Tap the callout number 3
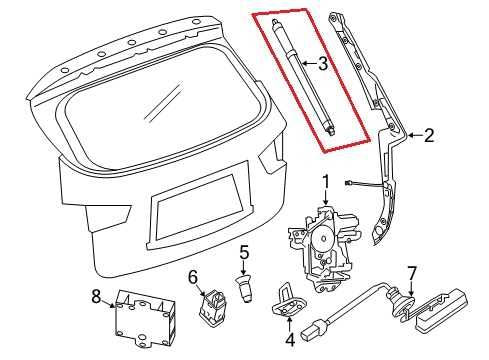click(x=322, y=66)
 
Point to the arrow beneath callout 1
click(x=324, y=197)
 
